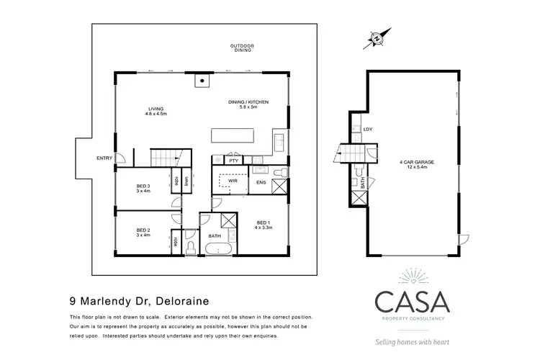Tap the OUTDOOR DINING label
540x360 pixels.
click(242, 48)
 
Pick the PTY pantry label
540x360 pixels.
click(234, 161)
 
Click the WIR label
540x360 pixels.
click(223, 181)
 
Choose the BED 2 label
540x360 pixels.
click(143, 232)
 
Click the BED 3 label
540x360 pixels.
click(143, 189)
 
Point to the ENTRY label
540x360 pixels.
click(104, 158)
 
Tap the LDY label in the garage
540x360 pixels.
click(368, 130)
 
